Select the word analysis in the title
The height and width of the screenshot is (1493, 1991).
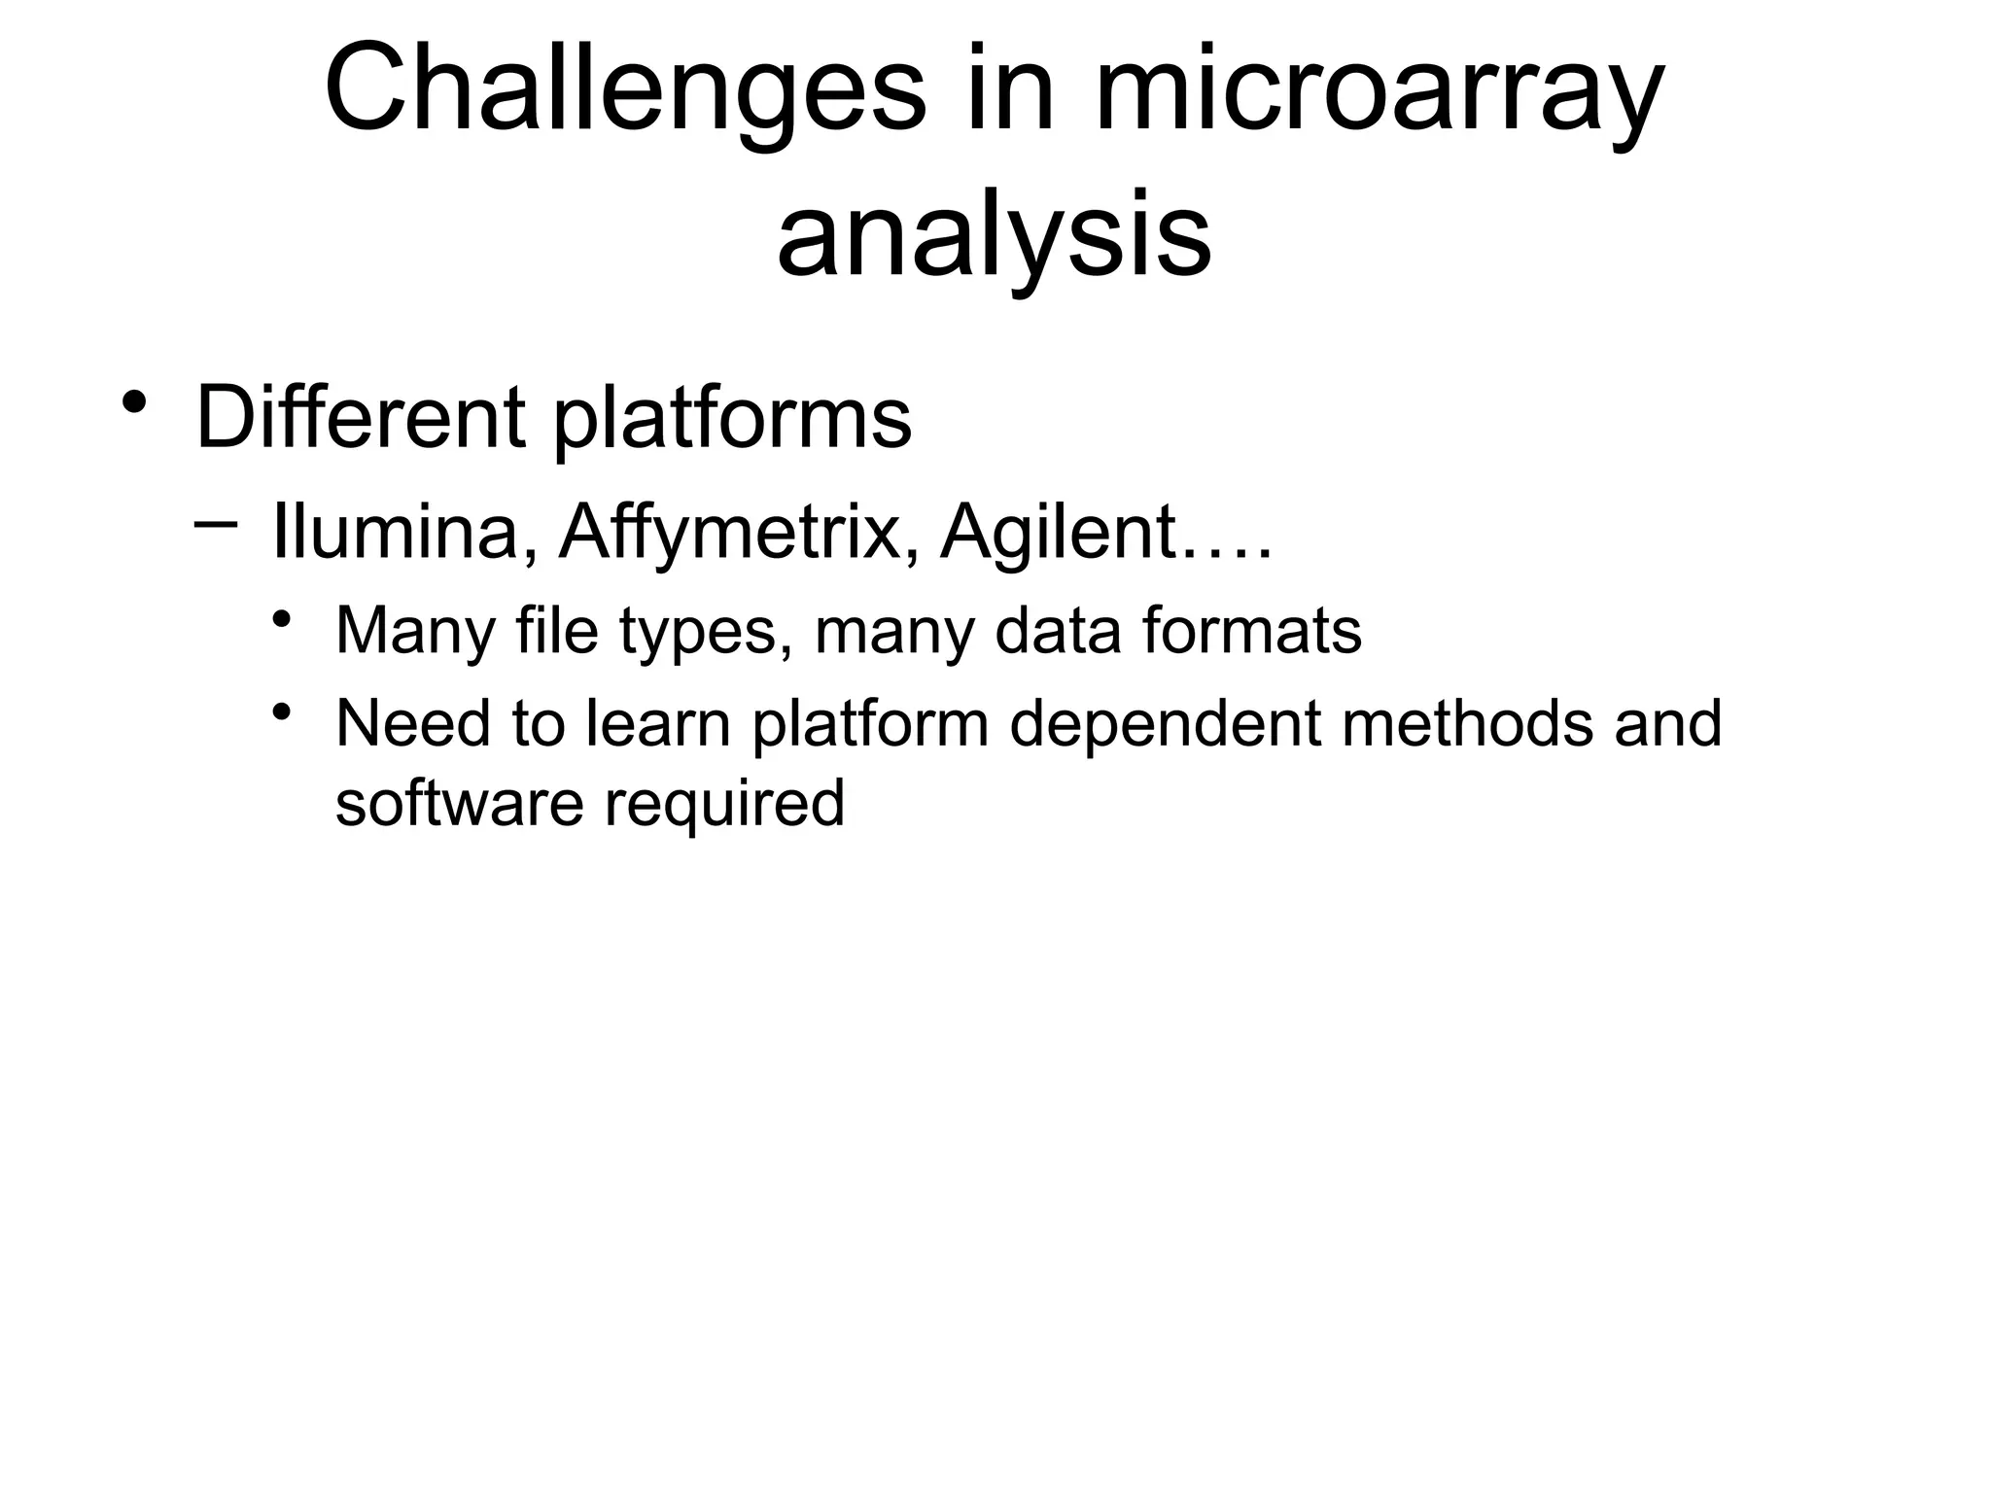pyautogui.click(x=994, y=236)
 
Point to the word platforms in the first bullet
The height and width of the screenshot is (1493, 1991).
pyautogui.click(x=732, y=420)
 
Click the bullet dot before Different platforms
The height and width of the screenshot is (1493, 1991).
pyautogui.click(x=135, y=400)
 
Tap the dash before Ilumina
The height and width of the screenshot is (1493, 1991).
pyautogui.click(x=216, y=523)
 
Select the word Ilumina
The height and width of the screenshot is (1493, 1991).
pyautogui.click(x=395, y=532)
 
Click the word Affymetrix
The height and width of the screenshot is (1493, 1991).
pyautogui.click(x=730, y=534)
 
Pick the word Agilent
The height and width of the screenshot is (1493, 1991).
pyautogui.click(x=1059, y=534)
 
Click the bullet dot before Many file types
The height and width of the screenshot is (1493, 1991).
pyautogui.click(x=283, y=618)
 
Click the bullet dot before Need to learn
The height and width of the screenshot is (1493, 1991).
pyautogui.click(x=283, y=712)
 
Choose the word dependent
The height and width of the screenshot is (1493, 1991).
pyautogui.click(x=1165, y=725)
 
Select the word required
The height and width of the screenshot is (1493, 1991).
pyautogui.click(x=724, y=805)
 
